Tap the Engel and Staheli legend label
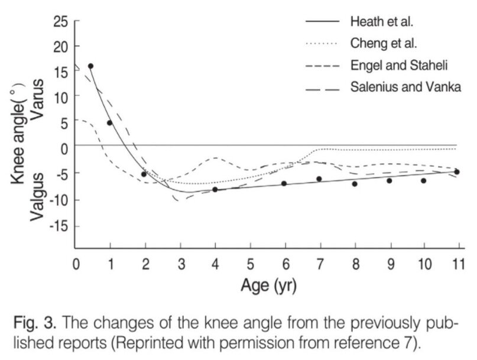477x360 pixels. pos(401,65)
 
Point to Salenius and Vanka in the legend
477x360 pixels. pos(405,87)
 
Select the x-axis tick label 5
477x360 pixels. pos(250,263)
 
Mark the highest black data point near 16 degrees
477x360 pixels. pos(90,66)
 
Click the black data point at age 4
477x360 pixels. pos(215,189)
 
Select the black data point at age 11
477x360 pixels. pos(457,172)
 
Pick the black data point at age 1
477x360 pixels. pos(109,123)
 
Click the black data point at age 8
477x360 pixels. pos(355,184)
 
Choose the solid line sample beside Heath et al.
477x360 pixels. pos(323,22)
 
